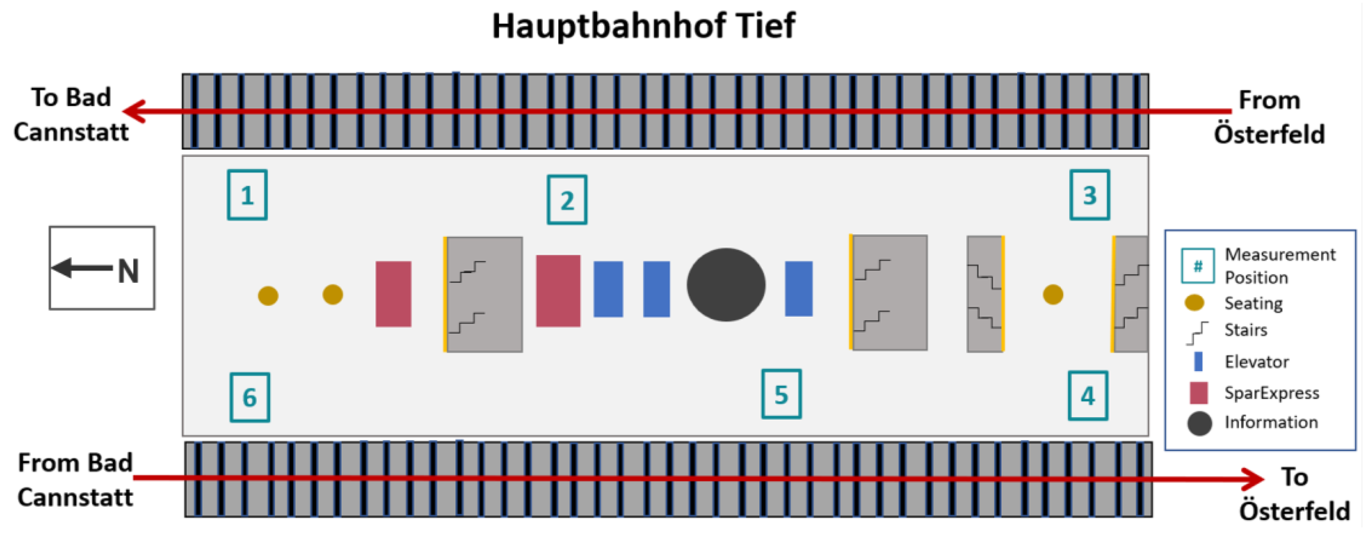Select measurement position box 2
[567, 200]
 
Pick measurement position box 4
[1088, 396]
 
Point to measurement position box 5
[781, 394]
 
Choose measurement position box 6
[250, 397]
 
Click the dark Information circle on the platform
[726, 285]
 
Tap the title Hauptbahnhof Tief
[643, 25]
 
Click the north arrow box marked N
[102, 268]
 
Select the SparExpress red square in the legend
[1199, 393]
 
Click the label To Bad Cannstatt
[71, 114]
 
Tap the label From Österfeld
[1269, 117]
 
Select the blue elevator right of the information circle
[798, 289]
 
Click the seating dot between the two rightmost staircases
[1053, 294]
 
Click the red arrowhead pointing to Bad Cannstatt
[133, 111]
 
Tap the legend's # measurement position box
[1197, 265]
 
